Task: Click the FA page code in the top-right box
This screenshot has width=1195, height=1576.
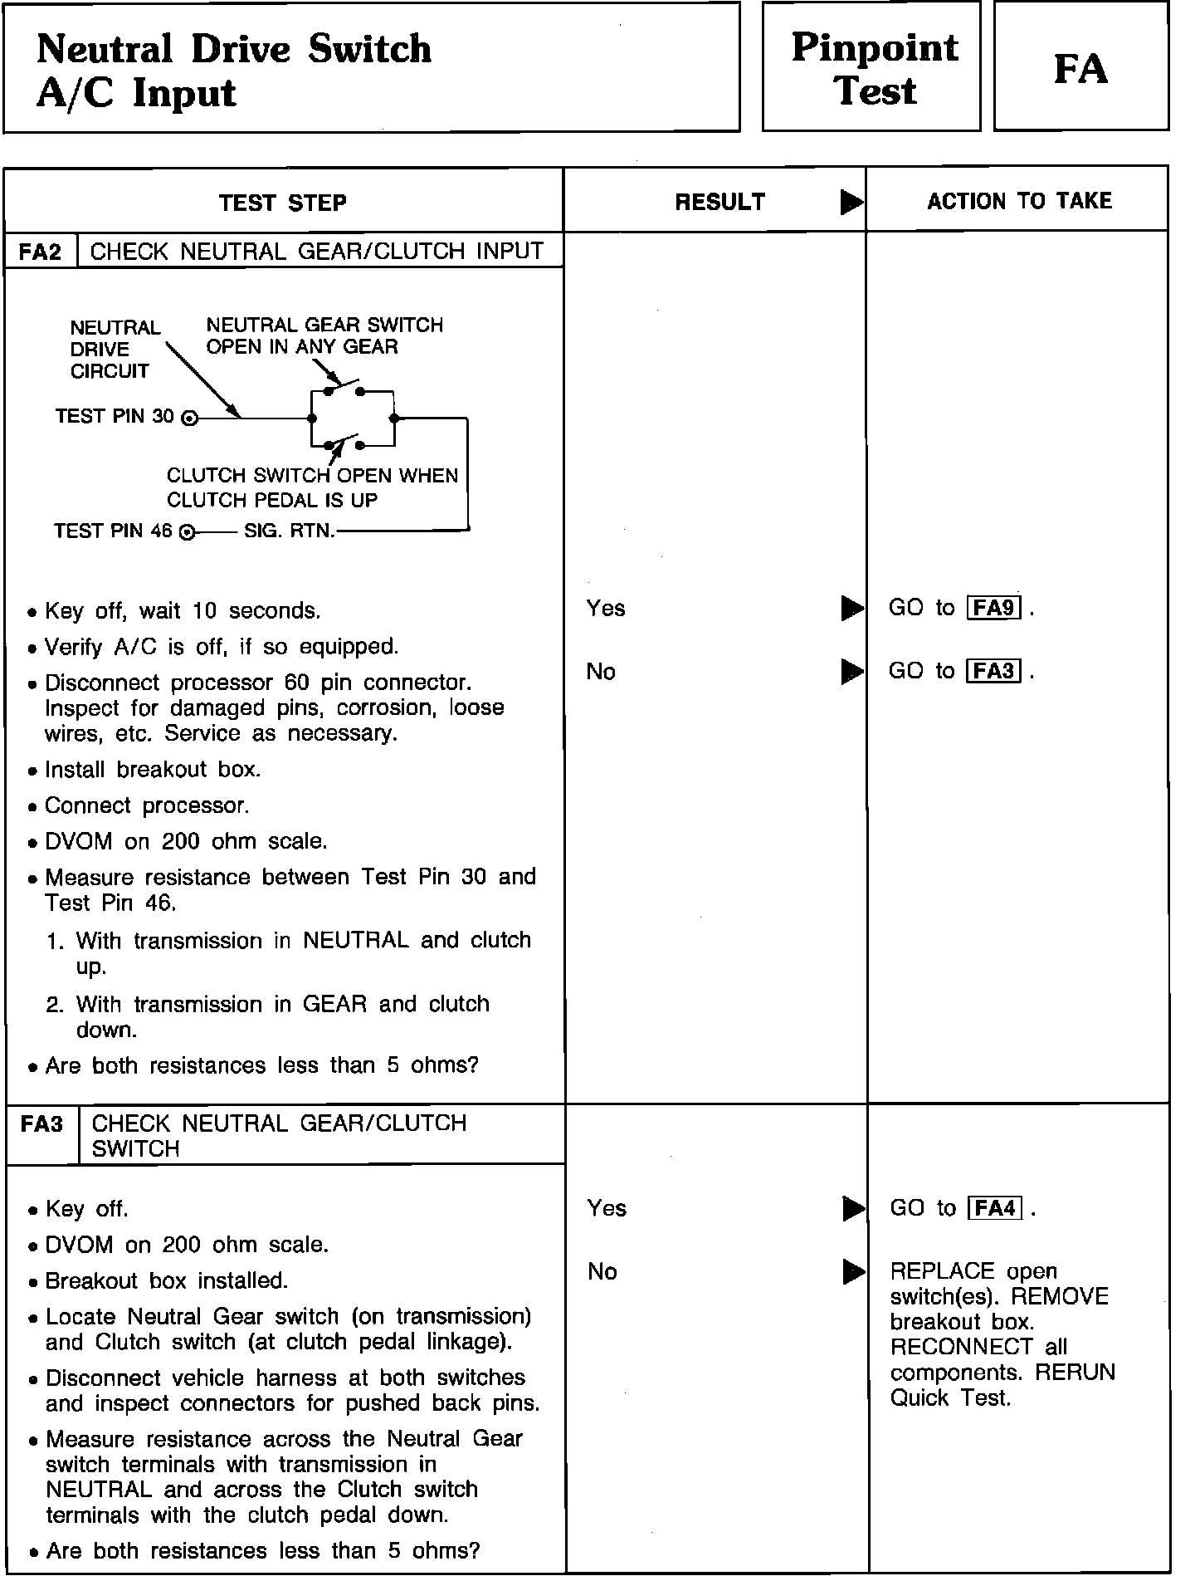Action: [x=1080, y=68]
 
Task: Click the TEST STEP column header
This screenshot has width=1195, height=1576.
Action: [x=283, y=203]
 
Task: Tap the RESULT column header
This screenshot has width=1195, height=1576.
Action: [x=719, y=202]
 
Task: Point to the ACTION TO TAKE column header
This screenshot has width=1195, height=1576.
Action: [x=1019, y=201]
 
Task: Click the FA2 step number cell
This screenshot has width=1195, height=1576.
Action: [x=41, y=252]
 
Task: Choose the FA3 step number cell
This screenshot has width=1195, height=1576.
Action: [x=42, y=1124]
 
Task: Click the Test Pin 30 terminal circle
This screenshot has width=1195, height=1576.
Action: [x=190, y=418]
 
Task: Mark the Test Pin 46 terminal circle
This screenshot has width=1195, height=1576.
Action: [x=188, y=532]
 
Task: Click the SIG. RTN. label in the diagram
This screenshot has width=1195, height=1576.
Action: [x=290, y=531]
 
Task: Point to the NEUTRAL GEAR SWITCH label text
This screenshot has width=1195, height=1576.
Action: [x=324, y=325]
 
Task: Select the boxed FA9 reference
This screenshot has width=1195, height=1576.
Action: [x=994, y=608]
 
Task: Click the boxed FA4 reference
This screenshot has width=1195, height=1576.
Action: [x=995, y=1208]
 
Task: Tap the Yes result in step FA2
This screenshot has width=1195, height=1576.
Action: [x=606, y=609]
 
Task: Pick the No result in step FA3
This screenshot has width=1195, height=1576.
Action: [x=602, y=1271]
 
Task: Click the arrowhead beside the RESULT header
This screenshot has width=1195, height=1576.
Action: [x=851, y=202]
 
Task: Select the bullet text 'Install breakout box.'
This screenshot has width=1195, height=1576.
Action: [x=153, y=770]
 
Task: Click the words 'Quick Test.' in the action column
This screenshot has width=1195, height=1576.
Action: [x=950, y=1398]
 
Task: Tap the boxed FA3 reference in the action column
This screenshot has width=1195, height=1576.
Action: [x=994, y=671]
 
